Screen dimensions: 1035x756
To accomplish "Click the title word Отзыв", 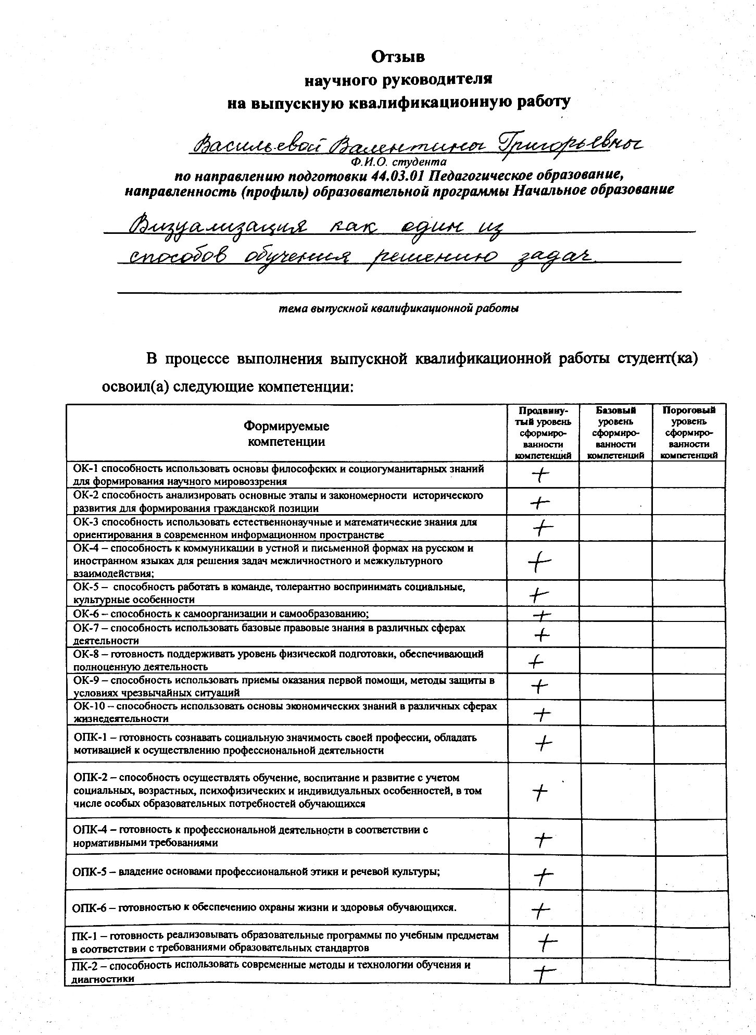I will (398, 56).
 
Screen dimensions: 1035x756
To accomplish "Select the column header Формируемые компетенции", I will (286, 434).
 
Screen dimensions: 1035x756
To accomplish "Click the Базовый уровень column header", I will (615, 432).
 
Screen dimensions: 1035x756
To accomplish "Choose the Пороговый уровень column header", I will (689, 432).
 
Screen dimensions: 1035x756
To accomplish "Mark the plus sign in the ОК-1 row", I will (542, 475).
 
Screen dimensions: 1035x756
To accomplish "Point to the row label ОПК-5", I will (93, 871).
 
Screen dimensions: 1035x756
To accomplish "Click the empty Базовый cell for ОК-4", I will (615, 560).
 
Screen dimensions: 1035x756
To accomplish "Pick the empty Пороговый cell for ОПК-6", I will (690, 907).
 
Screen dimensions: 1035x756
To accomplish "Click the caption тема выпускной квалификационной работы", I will (399, 308).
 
